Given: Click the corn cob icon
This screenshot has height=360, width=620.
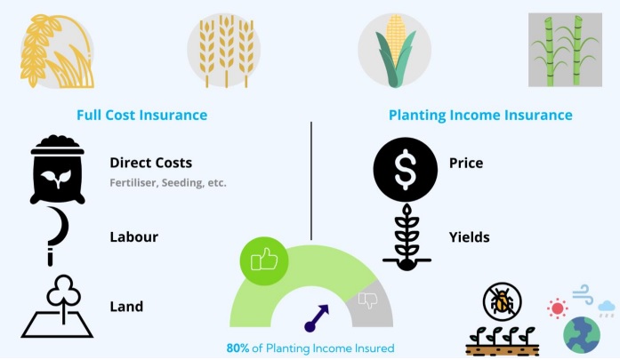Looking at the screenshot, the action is point(395,50).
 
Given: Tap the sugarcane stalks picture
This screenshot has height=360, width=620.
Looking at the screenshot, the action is point(565,50).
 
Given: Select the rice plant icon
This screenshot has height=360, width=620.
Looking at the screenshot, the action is point(57,51).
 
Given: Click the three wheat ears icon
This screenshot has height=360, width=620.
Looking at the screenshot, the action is point(224,51).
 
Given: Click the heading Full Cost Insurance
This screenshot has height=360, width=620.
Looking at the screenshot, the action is point(142,115).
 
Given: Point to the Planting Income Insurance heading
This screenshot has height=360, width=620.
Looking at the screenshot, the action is point(480,115).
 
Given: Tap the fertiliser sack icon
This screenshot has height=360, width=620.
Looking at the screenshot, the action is point(58,170).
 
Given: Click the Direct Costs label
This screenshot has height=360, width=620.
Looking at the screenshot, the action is point(150,163).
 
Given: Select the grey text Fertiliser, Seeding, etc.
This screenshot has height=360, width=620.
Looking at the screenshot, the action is point(168,183).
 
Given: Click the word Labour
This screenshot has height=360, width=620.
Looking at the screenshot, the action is point(134,236).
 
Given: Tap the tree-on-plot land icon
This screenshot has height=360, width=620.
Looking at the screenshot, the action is point(57,307).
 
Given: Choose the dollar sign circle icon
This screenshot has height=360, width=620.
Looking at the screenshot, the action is point(406,170).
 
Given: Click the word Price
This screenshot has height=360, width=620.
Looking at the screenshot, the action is point(466,163).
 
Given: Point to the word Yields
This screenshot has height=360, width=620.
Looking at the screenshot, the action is point(470,237).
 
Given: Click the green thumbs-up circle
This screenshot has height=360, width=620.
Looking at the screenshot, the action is point(264,260).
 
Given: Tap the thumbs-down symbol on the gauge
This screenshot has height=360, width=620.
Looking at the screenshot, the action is point(368,300).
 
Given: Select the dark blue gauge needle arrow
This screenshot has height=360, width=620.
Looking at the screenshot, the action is point(317,318).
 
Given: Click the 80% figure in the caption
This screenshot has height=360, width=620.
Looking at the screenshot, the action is point(238,348).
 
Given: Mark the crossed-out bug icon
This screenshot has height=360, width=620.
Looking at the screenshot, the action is point(503,302).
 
